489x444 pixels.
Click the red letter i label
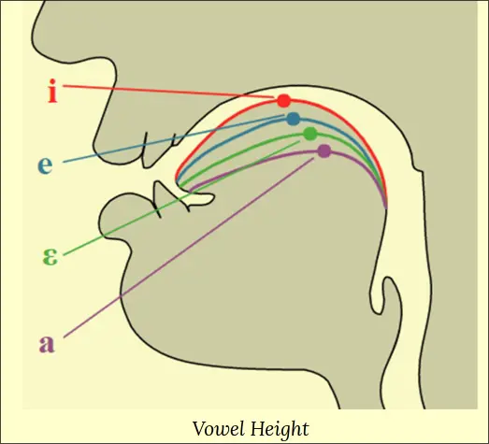coord(52,91)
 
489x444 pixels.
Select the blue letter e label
coord(45,165)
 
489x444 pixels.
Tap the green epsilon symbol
coord(50,257)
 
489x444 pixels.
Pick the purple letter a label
coord(47,344)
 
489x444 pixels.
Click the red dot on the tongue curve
coord(284,101)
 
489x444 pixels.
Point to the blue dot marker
coord(294,119)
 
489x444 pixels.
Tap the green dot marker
coord(310,134)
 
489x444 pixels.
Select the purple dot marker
coord(324,151)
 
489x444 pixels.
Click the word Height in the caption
coord(280,430)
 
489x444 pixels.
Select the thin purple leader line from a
coord(189,248)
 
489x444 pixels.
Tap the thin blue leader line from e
coord(174,138)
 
